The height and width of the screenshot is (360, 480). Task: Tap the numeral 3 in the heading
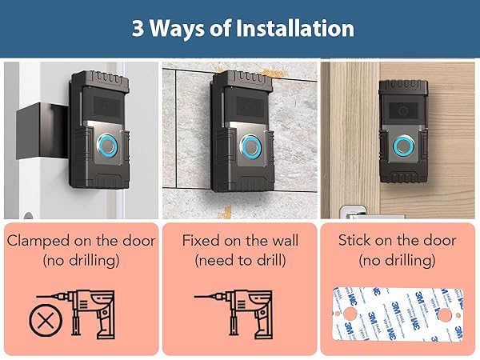coord(138,28)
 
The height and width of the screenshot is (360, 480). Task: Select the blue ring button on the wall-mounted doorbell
coord(250,146)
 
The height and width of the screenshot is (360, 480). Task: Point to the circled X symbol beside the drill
coord(46,321)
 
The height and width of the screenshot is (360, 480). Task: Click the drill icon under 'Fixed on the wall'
coord(234,314)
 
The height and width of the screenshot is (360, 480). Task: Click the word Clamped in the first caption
coord(38,242)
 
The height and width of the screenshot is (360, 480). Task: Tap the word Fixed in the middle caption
coord(201,241)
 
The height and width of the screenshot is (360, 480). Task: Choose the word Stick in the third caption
coord(354,240)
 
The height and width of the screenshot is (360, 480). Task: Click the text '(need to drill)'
coord(240,261)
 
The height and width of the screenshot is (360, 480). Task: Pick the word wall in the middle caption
coord(285,241)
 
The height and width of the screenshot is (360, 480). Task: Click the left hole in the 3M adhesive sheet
coord(350,314)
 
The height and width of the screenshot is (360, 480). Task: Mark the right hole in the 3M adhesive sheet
coord(445,314)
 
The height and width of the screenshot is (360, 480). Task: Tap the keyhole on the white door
coord(28,216)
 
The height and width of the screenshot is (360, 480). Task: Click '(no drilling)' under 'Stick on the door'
coord(397,261)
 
